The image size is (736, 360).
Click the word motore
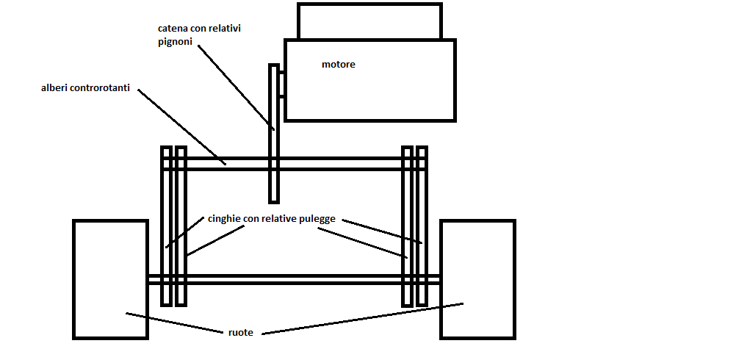click(338, 65)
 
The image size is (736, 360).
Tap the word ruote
click(240, 332)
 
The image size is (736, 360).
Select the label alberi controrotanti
click(86, 88)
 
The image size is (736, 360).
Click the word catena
click(173, 28)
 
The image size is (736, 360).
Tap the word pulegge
click(317, 218)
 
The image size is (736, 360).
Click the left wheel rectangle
click(110, 279)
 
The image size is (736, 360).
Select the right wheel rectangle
click(477, 279)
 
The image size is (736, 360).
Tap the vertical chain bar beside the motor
click(274, 176)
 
